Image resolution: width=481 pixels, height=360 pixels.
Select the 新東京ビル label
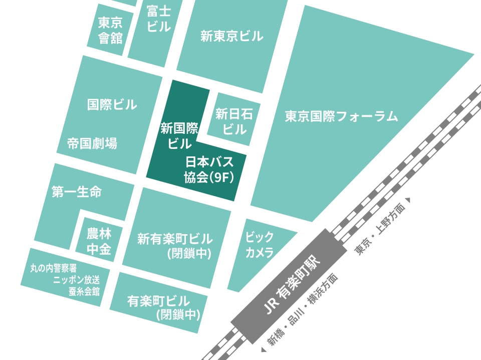tap(231, 36)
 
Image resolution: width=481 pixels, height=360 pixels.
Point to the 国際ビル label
tap(112, 105)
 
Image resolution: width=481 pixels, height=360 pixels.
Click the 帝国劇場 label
tap(92, 144)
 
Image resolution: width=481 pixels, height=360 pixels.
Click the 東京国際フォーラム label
tap(341, 117)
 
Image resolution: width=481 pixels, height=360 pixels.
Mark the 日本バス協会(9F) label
tap(209, 169)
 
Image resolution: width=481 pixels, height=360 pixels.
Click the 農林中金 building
tap(99, 241)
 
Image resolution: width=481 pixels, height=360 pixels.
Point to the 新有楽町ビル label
tap(175, 239)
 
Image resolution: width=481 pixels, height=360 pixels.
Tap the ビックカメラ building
tap(260, 244)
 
